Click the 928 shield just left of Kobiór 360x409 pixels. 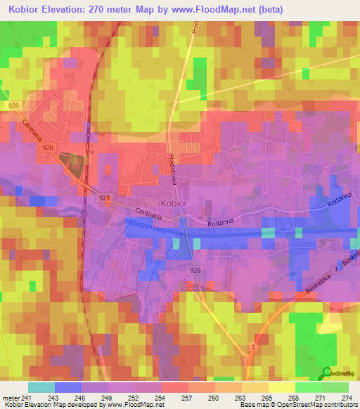103,197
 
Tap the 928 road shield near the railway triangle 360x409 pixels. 48,148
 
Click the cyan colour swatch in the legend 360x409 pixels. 41,387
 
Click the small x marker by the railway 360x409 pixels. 91,151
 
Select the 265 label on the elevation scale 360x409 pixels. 266,397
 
